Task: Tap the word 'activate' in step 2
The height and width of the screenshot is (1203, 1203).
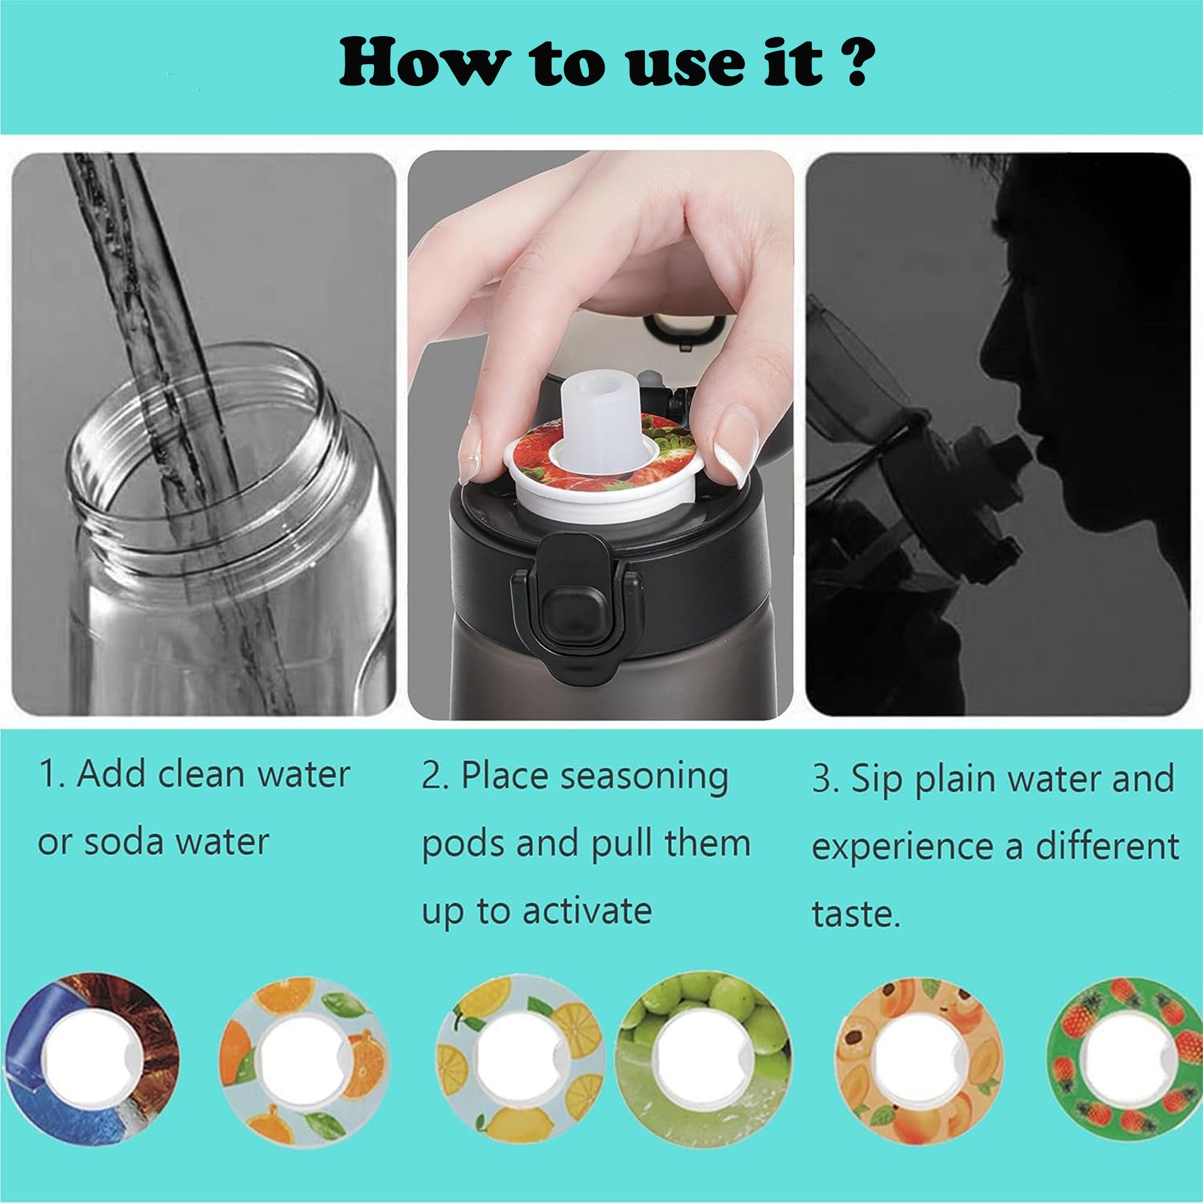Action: point(586,910)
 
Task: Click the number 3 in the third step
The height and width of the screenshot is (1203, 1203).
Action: point(821,780)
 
